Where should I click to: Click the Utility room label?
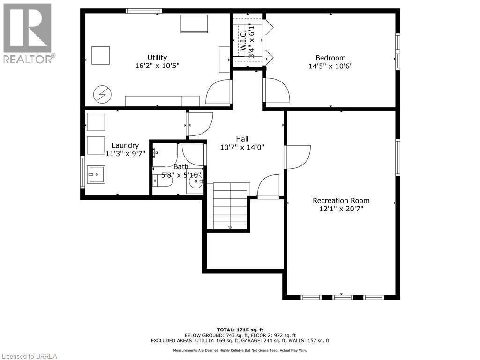157,57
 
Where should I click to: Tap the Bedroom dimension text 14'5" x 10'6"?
330,66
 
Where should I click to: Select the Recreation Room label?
341,201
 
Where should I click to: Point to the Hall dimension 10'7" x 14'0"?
242,147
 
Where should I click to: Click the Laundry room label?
125,145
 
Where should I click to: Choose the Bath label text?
181,167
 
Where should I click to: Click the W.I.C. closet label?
243,42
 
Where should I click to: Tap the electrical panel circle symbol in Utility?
101,95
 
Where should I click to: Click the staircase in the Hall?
230,206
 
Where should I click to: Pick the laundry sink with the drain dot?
96,175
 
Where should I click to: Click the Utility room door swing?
218,92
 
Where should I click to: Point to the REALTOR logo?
28,33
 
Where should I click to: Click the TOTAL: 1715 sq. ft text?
240,330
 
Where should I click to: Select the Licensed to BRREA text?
29,356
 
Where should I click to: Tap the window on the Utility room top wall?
144,11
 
